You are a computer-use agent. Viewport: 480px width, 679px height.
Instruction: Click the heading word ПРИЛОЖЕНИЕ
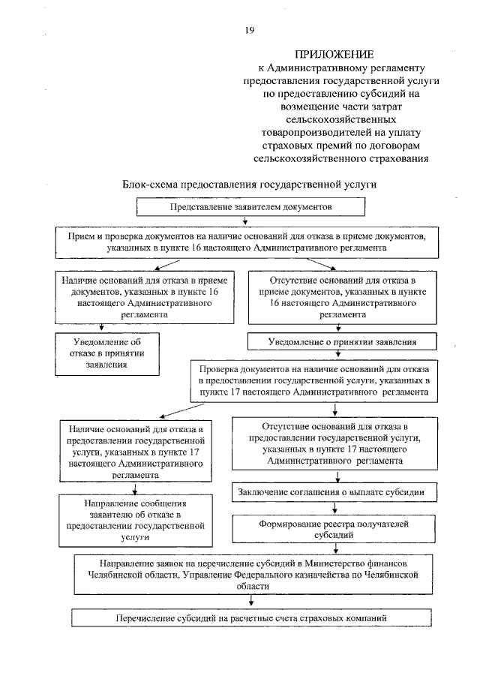tap(334, 54)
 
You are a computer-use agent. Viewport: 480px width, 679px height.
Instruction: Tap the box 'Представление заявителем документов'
tap(250, 205)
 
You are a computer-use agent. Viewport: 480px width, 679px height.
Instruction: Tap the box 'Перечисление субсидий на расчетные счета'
tap(251, 618)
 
